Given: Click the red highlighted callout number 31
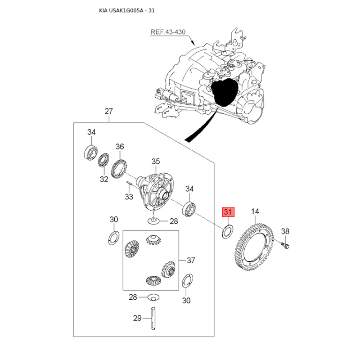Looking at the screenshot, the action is click(x=228, y=212).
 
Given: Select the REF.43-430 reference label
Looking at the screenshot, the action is click(x=168, y=32).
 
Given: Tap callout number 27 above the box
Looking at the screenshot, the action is click(x=108, y=111).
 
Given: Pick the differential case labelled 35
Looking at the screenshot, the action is click(x=156, y=191).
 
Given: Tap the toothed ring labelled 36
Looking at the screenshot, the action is click(x=119, y=168).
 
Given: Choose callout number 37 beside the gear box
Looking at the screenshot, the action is click(x=191, y=261).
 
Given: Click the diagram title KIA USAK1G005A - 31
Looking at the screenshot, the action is click(x=127, y=10).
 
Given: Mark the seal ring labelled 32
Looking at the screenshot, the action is click(x=103, y=160).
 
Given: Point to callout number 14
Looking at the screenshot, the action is click(x=255, y=211).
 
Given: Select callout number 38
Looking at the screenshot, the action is click(x=285, y=231).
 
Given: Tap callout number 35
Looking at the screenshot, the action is click(x=155, y=162).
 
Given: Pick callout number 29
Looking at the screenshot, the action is click(x=137, y=318).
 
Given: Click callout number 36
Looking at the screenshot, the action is click(x=120, y=147).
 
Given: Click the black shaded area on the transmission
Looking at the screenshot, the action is click(x=224, y=92).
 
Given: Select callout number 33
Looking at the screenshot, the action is click(x=129, y=197).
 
